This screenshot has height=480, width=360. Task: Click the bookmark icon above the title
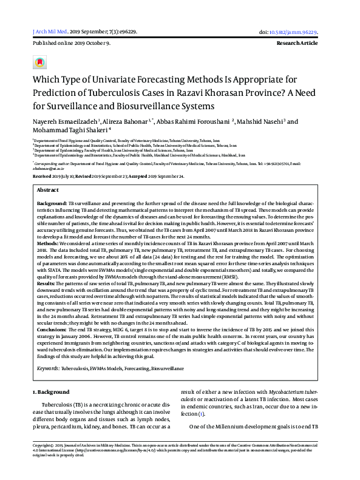pyautogui.click(x=39, y=63)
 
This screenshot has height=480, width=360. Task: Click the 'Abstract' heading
pyautogui.click(x=47, y=190)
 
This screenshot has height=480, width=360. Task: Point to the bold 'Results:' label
pyautogui.click(x=48, y=283)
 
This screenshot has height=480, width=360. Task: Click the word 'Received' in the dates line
pyautogui.click(x=42, y=176)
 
